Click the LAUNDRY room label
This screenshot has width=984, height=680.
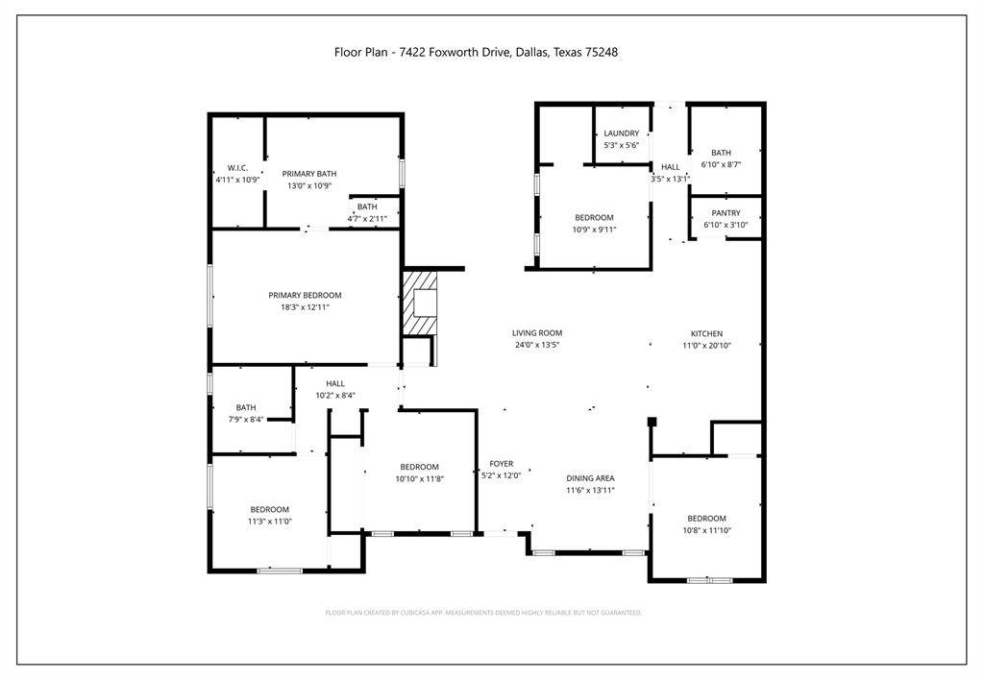pyautogui.click(x=621, y=134)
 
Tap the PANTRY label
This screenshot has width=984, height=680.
pyautogui.click(x=726, y=213)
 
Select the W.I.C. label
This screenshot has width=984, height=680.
pyautogui.click(x=237, y=168)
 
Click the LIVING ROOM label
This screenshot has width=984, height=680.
pyautogui.click(x=536, y=333)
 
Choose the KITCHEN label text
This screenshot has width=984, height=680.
pyautogui.click(x=706, y=334)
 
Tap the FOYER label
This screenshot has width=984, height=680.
pyautogui.click(x=501, y=464)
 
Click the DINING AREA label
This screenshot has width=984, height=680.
pyautogui.click(x=590, y=478)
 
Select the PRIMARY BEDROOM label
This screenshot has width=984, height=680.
pyautogui.click(x=305, y=296)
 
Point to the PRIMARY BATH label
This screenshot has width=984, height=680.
pyautogui.click(x=309, y=174)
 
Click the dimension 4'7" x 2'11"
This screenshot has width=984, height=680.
pyautogui.click(x=367, y=219)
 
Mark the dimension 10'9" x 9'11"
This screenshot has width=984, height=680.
pyautogui.click(x=594, y=230)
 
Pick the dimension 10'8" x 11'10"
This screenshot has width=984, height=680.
pyautogui.click(x=705, y=530)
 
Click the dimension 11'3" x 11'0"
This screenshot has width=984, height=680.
pyautogui.click(x=270, y=522)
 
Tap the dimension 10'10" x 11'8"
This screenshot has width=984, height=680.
pyautogui.click(x=420, y=478)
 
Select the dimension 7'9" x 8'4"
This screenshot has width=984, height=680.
pyautogui.click(x=246, y=419)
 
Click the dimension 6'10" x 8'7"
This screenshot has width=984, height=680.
pyautogui.click(x=721, y=165)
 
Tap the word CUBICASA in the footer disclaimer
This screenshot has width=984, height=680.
pyautogui.click(x=418, y=612)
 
